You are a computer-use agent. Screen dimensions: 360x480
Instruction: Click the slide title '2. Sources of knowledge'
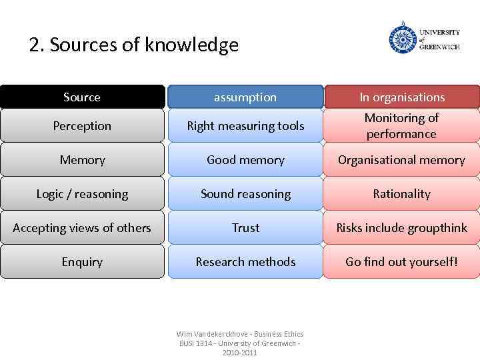click(x=133, y=45)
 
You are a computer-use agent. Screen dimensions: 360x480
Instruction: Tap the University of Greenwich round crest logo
click(x=403, y=38)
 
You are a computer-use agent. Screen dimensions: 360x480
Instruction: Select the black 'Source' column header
click(x=82, y=97)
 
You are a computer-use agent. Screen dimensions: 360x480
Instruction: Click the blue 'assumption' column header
click(x=245, y=97)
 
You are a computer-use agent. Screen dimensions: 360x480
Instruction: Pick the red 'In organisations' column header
click(x=402, y=97)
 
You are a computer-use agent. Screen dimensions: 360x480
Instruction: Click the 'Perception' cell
click(x=82, y=126)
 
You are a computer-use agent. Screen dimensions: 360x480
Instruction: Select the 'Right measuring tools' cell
click(x=245, y=126)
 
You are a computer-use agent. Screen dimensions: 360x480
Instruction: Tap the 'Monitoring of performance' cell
click(x=402, y=126)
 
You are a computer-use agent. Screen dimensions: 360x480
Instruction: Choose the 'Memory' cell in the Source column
click(x=82, y=160)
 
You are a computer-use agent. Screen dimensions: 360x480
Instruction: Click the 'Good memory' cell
click(x=245, y=160)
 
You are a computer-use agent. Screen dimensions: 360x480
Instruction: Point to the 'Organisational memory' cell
click(x=402, y=160)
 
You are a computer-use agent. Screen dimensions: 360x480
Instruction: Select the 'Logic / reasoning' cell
click(x=82, y=194)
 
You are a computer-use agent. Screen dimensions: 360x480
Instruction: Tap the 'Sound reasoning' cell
click(x=245, y=194)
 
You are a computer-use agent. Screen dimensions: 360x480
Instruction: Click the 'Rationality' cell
click(x=402, y=194)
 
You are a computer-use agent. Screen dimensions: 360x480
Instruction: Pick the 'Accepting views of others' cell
click(x=82, y=228)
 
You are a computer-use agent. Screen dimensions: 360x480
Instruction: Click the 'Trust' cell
click(x=245, y=228)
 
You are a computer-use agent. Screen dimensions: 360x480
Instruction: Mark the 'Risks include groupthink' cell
click(x=402, y=228)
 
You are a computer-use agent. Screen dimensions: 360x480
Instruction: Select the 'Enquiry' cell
click(x=82, y=262)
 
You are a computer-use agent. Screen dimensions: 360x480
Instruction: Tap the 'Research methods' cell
click(x=245, y=262)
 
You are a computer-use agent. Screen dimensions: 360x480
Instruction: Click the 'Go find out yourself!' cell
click(x=402, y=262)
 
